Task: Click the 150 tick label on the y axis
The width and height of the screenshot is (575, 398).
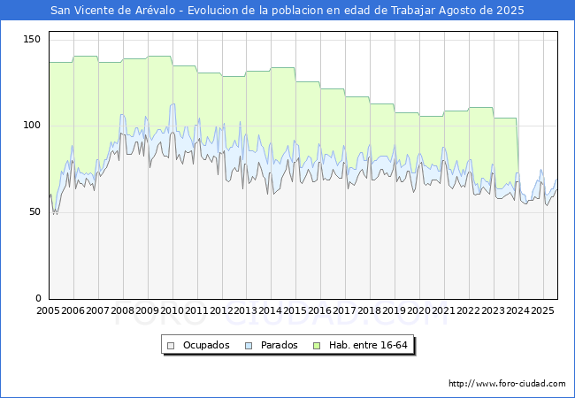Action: tap(32, 40)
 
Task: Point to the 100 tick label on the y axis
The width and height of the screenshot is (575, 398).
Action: tap(32, 126)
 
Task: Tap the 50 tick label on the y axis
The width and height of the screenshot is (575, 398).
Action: tap(34, 212)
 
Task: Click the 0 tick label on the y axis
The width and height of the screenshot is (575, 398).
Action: tap(38, 299)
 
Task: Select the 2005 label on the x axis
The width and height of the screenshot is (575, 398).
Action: tap(49, 311)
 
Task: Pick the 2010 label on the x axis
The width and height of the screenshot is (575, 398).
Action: tap(172, 311)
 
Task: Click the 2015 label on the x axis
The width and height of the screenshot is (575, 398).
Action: tap(295, 311)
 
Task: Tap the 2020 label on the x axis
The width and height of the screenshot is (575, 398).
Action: tap(419, 311)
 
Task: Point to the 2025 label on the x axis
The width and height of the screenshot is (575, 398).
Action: tap(542, 311)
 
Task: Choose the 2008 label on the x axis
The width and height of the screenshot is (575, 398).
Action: tap(123, 311)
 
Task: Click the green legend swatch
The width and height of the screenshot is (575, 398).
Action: tap(319, 345)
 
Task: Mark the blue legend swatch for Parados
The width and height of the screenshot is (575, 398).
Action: tap(249, 345)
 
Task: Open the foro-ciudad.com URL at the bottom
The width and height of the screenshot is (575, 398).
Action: tap(507, 384)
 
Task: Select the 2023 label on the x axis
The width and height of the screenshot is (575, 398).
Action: tap(494, 311)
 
